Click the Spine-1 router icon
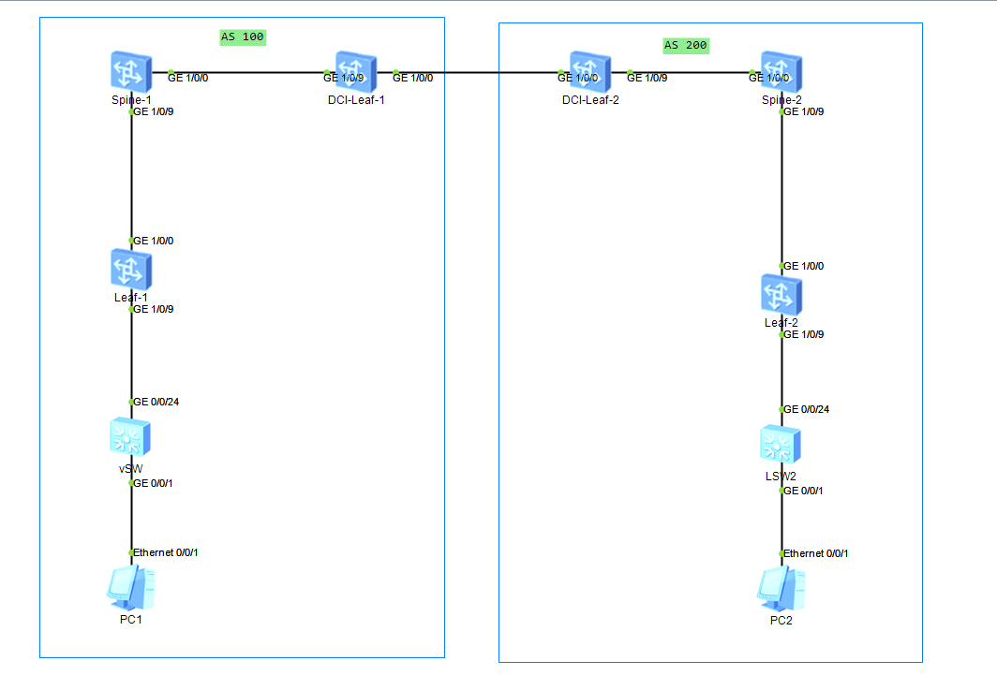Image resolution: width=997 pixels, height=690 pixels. [131, 72]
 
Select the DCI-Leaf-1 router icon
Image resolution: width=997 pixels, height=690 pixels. [356, 72]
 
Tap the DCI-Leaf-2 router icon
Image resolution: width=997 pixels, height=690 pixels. [589, 72]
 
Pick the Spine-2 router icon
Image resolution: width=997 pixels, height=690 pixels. [781, 72]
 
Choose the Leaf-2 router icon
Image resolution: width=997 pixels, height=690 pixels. [781, 294]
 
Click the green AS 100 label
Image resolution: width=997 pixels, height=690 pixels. [243, 37]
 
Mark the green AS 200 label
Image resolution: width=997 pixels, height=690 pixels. [686, 45]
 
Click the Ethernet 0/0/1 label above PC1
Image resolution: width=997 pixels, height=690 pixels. [166, 552]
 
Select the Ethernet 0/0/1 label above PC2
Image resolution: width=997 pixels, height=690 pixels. [816, 553]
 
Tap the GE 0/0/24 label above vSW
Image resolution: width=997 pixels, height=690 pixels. [156, 402]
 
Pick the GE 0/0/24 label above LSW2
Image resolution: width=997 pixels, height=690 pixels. [807, 409]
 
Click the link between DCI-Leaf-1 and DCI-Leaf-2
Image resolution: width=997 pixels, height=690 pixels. [497, 72]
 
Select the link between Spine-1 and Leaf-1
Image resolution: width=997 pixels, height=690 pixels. [131, 178]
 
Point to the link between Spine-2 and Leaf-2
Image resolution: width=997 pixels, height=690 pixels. [781, 187]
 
